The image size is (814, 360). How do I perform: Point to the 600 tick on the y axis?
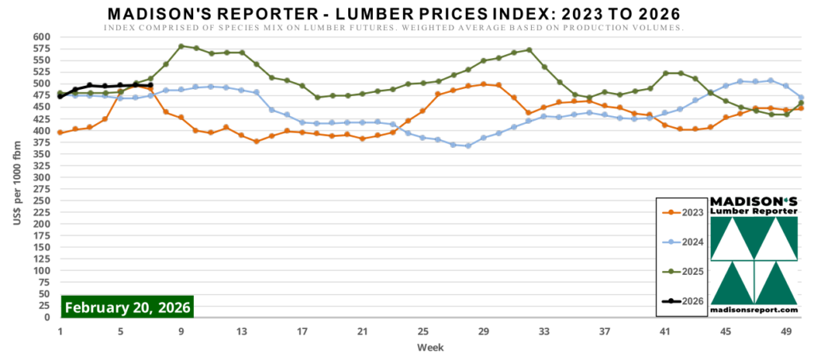(x=41, y=37)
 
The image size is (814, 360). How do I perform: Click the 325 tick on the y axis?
(x=41, y=165)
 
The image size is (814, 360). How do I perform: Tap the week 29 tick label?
(x=483, y=332)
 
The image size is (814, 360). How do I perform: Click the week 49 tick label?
(x=786, y=332)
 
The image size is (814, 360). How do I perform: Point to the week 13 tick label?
(x=242, y=332)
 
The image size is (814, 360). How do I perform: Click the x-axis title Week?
(x=432, y=347)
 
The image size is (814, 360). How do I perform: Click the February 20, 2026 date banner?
(x=127, y=307)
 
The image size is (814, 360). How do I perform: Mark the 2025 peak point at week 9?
(x=181, y=46)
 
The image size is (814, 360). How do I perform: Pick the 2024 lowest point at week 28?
(x=468, y=145)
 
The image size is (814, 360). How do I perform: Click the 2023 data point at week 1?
(x=60, y=132)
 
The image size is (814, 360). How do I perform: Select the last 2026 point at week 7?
(x=151, y=85)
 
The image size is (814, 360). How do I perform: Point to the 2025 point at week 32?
(x=529, y=49)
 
